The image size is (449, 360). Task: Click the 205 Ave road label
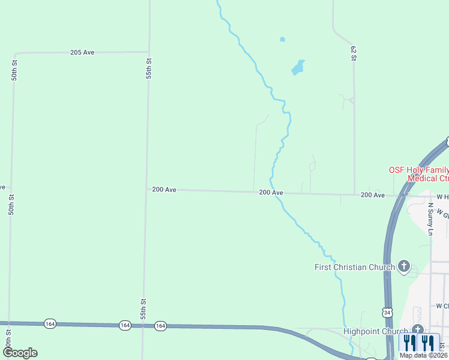point(82,53)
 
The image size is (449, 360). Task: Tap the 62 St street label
point(354,53)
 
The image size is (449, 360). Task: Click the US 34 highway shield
point(387,312)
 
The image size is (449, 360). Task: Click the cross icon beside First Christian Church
point(404,266)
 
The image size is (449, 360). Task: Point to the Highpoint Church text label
point(375,331)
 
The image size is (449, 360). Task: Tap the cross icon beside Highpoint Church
point(417,330)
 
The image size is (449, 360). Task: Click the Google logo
point(20,353)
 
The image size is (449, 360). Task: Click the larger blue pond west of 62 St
point(298,67)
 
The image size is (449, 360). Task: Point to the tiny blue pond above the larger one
point(282,40)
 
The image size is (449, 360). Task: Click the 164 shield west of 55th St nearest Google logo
point(49,324)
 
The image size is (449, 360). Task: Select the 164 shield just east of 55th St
point(160,326)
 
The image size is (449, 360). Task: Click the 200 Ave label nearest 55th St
point(164,190)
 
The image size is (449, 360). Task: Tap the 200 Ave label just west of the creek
point(271,193)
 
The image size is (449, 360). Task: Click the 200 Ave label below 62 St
point(372,195)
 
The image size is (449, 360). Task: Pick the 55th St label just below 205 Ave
point(149,69)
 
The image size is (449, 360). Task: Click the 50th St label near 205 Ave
point(14,70)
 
